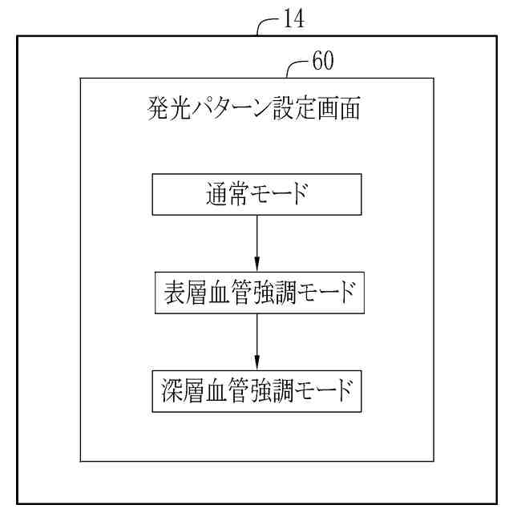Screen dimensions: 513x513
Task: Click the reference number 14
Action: coord(293,20)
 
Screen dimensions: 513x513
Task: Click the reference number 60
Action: coord(323,61)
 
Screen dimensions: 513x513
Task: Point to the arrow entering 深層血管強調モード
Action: coord(256,341)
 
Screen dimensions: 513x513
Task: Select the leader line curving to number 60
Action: coord(297,67)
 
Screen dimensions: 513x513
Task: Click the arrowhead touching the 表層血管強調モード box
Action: coord(256,266)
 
